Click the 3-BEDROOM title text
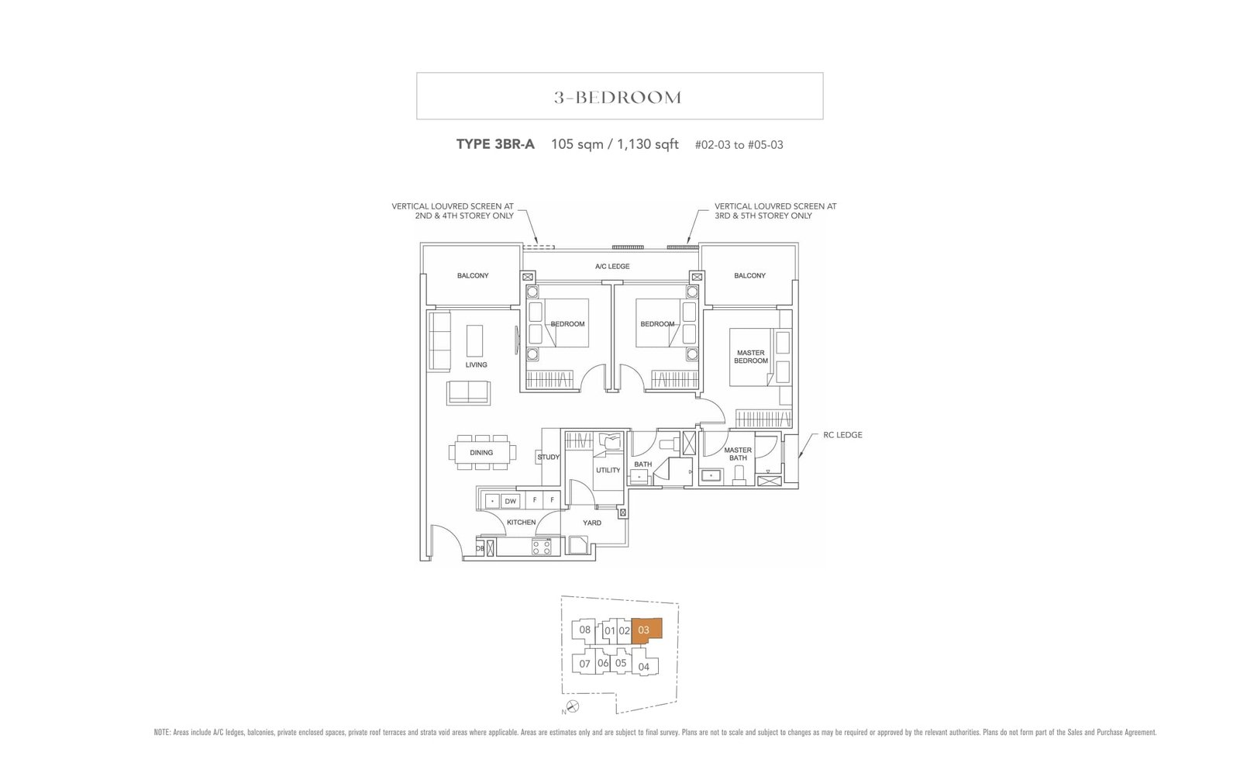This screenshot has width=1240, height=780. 618,98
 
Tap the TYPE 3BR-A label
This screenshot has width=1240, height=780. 495,144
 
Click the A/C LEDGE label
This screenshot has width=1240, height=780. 612,267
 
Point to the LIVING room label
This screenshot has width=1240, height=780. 476,364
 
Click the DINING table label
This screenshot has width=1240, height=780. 481,453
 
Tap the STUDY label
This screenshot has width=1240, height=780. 549,457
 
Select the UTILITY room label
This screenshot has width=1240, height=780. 608,470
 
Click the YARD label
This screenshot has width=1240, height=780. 592,523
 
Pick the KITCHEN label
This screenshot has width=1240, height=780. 521,523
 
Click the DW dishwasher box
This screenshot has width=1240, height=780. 510,501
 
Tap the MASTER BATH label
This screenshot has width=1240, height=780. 738,454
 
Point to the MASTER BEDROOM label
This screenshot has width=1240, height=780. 751,357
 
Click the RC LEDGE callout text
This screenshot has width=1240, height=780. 842,435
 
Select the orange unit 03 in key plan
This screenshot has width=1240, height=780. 645,630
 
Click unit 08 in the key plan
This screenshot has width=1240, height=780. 584,630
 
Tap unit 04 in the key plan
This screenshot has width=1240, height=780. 643,667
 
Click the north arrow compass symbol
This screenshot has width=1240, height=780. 572,706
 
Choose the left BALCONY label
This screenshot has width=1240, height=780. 473,276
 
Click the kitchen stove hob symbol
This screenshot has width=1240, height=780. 542,547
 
